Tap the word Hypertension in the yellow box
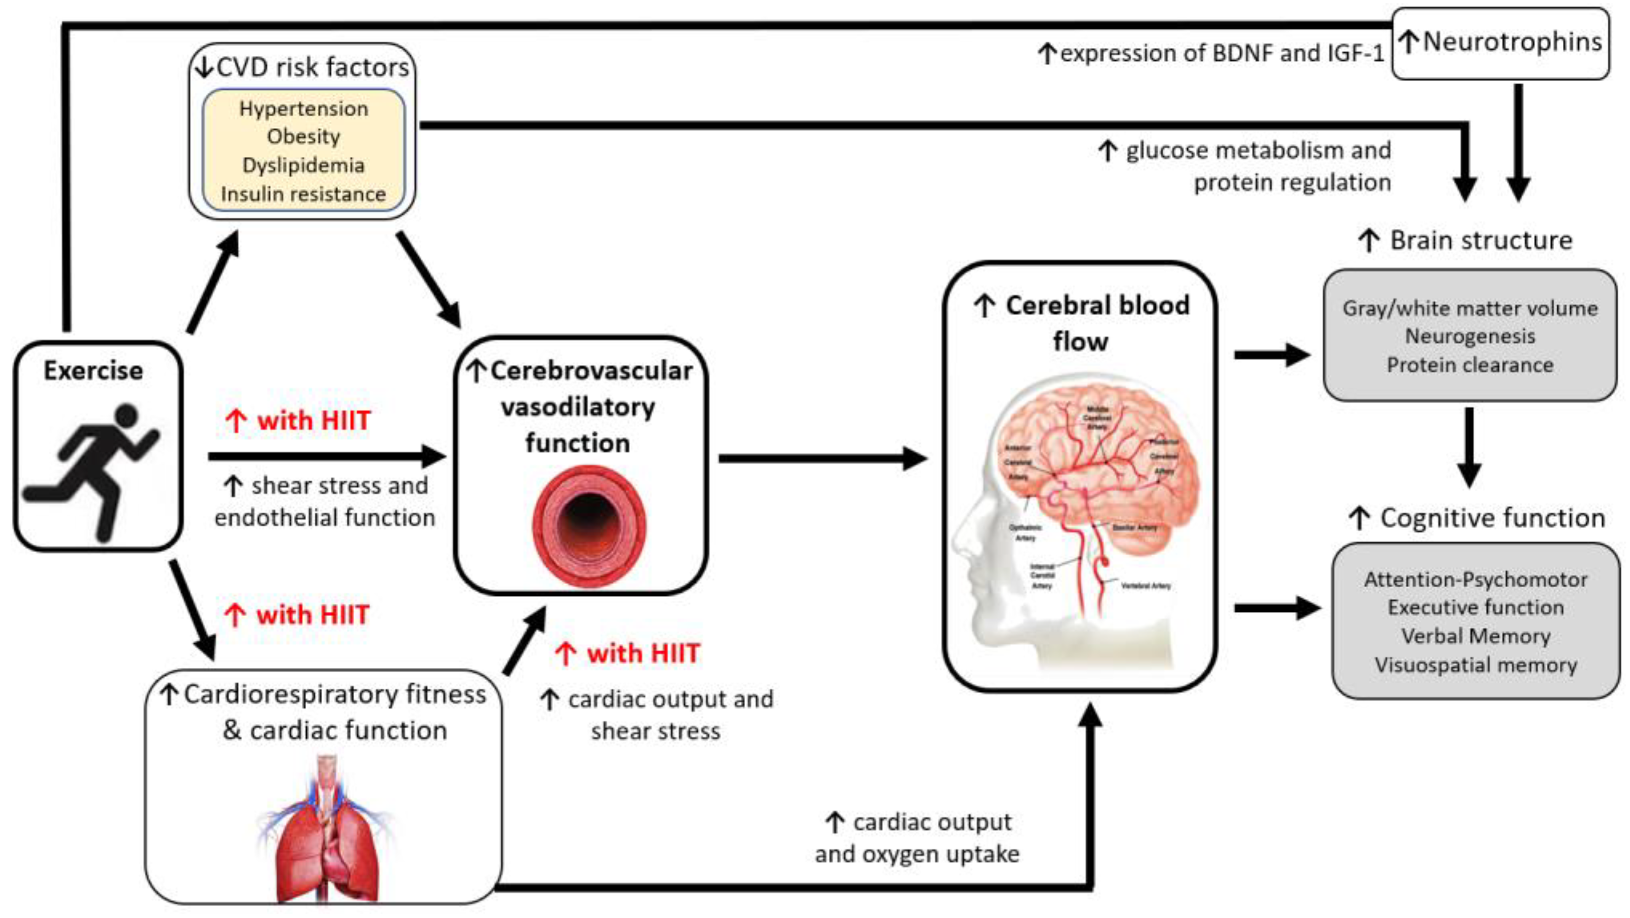303,109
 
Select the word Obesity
303,137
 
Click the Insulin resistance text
303,194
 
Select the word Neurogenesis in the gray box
1469,336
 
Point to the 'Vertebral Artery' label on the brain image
1145,586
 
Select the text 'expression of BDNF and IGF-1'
1221,54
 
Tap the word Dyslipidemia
303,165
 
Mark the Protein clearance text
1469,365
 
